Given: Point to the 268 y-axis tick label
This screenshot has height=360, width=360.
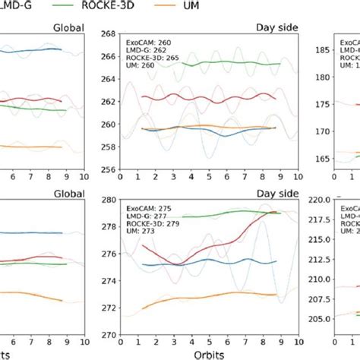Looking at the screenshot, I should (x=106, y=34).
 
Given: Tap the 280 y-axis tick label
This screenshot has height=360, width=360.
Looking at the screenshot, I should (x=106, y=201).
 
